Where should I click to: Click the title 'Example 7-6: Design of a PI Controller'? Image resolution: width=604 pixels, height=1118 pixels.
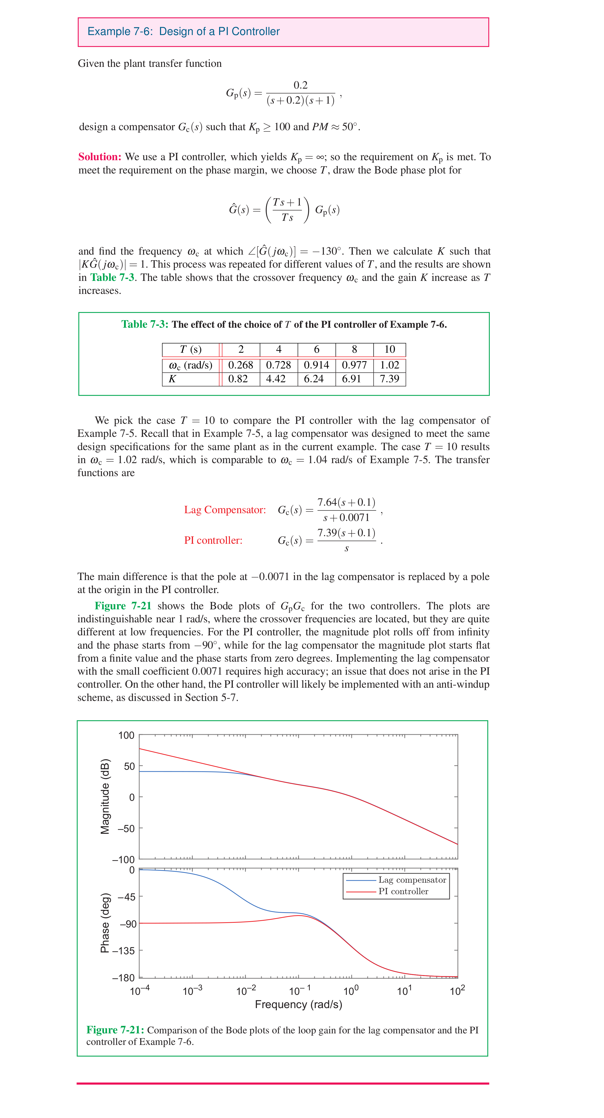[x=183, y=32]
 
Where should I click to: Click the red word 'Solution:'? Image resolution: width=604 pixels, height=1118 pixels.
[x=99, y=157]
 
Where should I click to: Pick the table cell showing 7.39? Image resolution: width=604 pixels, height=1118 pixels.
[x=389, y=379]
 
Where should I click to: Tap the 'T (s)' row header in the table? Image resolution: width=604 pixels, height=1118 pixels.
[x=191, y=350]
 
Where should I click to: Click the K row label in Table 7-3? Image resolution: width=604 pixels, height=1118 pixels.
[x=172, y=379]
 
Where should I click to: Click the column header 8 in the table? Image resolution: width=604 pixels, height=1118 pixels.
[x=354, y=350]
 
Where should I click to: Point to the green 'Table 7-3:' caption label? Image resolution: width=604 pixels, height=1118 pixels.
[x=144, y=325]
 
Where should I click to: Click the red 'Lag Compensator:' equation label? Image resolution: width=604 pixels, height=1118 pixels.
[x=225, y=510]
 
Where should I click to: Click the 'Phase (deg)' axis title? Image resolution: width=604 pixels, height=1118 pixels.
[x=105, y=923]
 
